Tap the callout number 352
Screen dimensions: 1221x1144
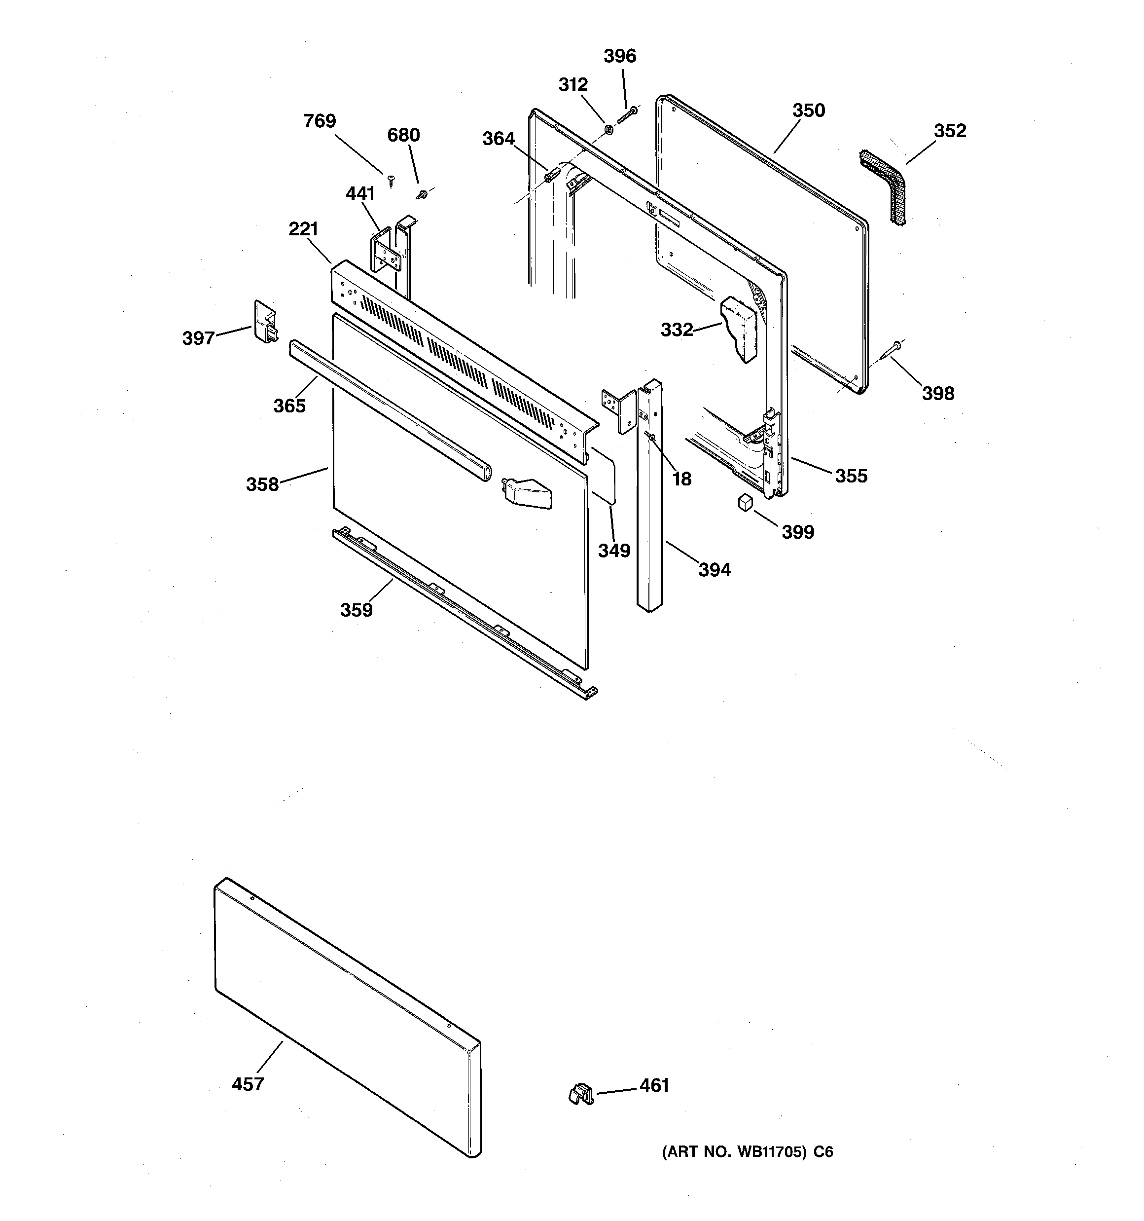coord(949,131)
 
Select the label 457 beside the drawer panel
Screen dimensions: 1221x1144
coord(248,1084)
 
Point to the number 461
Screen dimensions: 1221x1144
coord(654,1085)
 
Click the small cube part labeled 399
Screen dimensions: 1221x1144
coord(746,502)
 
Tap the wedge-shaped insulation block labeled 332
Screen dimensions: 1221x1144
coord(740,329)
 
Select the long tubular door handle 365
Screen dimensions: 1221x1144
coord(390,410)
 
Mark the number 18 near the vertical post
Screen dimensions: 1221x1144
coord(681,479)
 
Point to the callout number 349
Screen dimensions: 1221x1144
coord(614,551)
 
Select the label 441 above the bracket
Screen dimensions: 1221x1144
coord(360,194)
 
